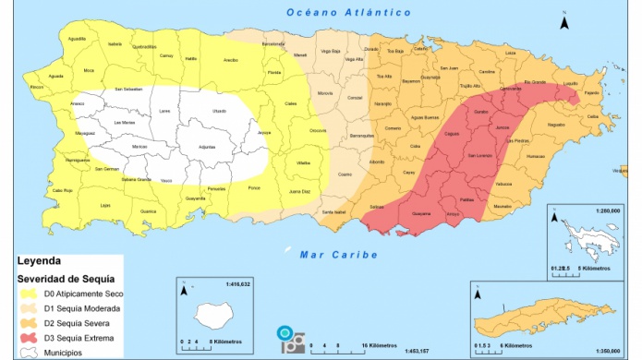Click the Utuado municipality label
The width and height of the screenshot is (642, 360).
tap(218, 112)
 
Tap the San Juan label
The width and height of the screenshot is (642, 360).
tap(449, 68)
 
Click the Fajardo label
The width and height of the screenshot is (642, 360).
tap(592, 92)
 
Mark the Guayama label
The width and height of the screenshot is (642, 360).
tap(420, 213)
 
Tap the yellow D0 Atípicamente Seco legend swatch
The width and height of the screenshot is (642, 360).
tap(29, 293)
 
